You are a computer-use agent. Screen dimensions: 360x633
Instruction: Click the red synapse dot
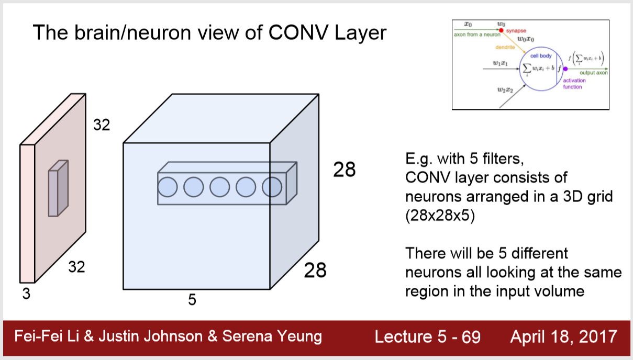tap(501, 30)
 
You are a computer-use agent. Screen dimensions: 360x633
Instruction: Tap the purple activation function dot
tap(565, 69)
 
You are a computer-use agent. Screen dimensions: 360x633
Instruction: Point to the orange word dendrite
tap(505, 47)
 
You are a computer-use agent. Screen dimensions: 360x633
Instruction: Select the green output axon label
tap(593, 73)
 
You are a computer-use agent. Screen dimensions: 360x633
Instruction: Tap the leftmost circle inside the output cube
tap(168, 187)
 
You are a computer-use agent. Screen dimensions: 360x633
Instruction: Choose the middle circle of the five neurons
tap(220, 187)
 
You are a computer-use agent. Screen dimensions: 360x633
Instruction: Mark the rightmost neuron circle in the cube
tap(272, 187)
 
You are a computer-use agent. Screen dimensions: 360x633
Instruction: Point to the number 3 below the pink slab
tap(26, 295)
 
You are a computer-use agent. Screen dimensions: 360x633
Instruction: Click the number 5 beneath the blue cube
tap(192, 300)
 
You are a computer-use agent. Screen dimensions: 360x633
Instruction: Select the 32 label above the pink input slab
tap(102, 125)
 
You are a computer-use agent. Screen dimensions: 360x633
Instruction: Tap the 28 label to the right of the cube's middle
tap(345, 170)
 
